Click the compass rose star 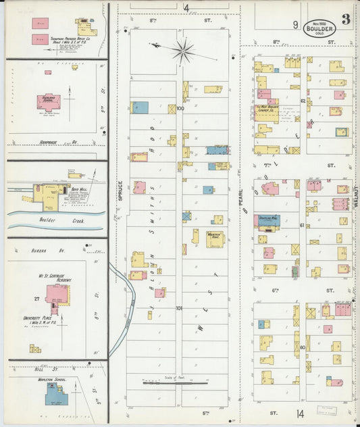182,50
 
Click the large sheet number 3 346,20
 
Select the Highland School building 48,101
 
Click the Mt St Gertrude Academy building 56,294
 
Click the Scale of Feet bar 175,383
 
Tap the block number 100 180,108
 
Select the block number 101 179,307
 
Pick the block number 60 303,347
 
